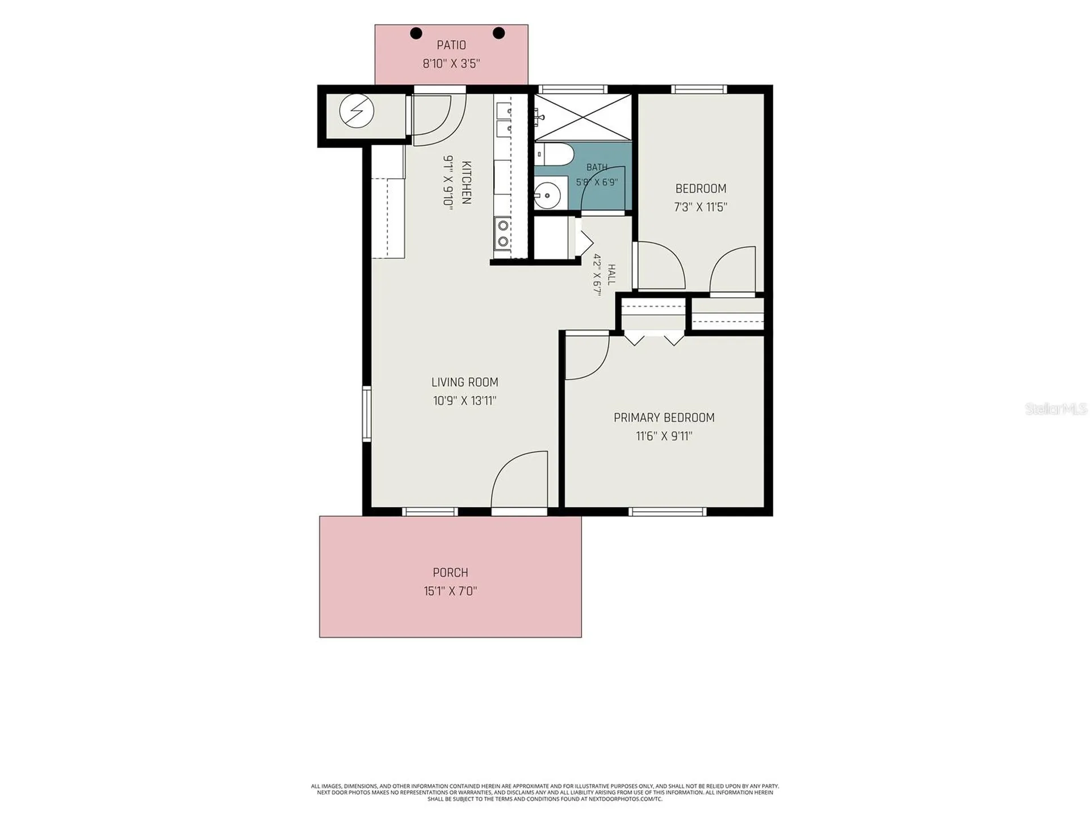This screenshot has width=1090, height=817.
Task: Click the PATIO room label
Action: (451, 45)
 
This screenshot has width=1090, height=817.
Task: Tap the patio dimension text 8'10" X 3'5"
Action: (451, 64)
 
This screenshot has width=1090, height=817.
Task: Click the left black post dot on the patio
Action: (416, 33)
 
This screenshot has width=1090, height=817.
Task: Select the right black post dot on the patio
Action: (498, 33)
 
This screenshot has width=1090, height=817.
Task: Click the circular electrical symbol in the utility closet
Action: (357, 111)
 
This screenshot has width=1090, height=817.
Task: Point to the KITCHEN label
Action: (466, 183)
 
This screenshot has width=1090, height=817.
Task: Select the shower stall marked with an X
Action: (583, 117)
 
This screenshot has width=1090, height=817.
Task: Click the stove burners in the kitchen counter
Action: (503, 234)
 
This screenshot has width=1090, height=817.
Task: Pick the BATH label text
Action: (597, 167)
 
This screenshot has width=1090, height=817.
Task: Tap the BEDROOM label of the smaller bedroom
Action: (701, 188)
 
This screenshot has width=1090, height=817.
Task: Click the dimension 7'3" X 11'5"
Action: (701, 207)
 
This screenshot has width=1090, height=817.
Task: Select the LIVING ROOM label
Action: (464, 382)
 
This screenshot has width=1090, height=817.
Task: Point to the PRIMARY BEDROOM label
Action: (664, 418)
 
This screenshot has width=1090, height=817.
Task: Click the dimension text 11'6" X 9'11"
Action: (664, 436)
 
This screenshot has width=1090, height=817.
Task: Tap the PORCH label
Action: (450, 572)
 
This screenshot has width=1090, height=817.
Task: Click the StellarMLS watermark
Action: (1056, 408)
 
